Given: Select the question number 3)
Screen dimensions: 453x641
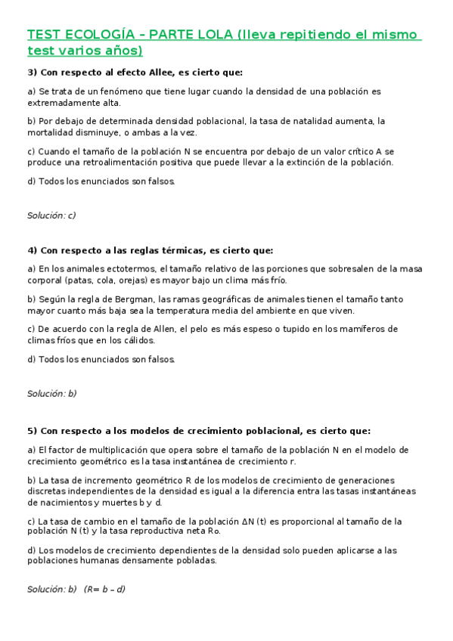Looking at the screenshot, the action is click(x=33, y=73).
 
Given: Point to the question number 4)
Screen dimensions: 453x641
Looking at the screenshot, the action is click(x=33, y=250).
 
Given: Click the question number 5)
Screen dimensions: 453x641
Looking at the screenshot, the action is click(x=33, y=431).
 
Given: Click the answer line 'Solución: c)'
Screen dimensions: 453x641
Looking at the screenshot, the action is click(x=51, y=215).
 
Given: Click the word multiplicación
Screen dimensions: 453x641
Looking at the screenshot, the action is click(x=111, y=450).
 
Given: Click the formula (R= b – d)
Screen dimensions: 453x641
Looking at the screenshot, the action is click(x=104, y=589).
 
